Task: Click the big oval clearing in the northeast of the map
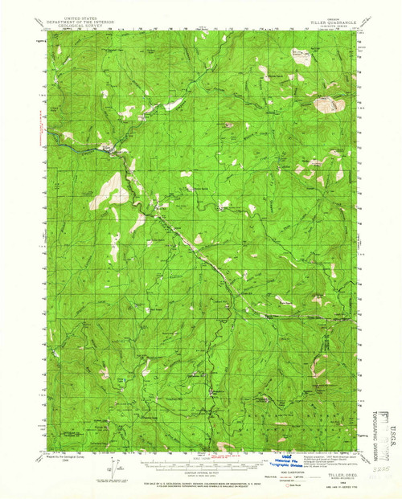coord(326,104)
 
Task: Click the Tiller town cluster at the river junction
coord(107,148)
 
